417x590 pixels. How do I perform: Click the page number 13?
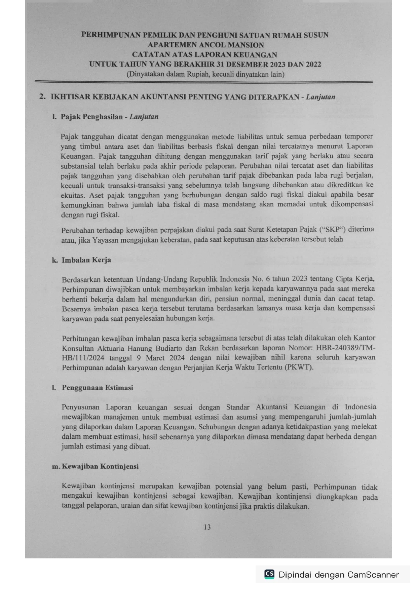207,527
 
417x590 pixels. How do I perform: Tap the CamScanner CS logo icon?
269,574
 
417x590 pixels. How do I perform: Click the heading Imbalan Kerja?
86,260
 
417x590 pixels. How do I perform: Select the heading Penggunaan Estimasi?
97,388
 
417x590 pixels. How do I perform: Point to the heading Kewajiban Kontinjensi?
100,467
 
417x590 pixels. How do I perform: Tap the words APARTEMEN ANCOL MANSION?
206,45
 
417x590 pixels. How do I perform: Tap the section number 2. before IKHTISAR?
42,97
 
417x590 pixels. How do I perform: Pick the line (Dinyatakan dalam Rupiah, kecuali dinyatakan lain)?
205,74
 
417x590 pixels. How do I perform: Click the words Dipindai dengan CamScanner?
339,575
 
